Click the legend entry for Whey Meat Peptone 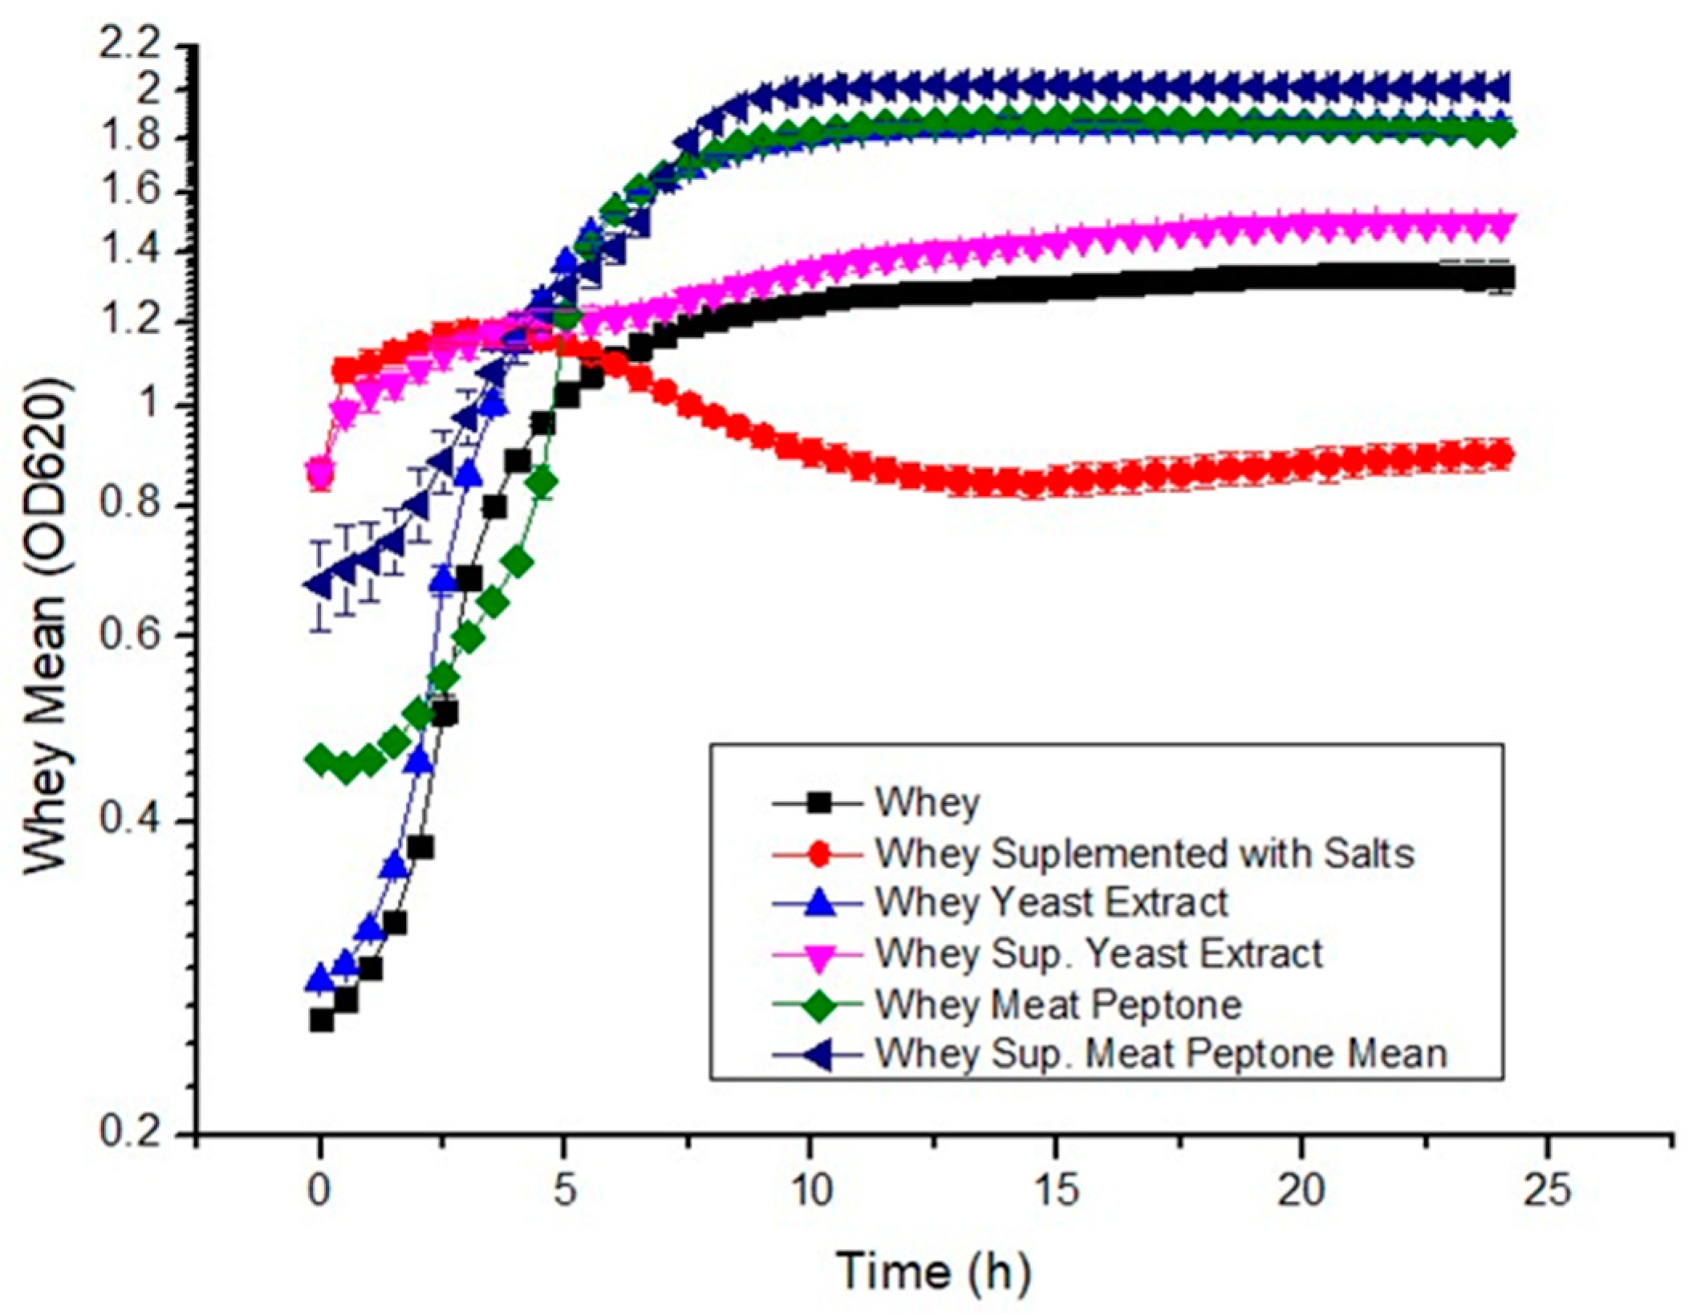pos(1058,1004)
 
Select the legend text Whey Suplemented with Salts pos(1143,853)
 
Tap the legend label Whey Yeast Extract pos(1051,902)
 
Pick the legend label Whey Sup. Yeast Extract pos(1098,954)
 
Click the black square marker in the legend pos(819,802)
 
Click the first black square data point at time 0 pos(322,1020)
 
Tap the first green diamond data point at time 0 pos(322,758)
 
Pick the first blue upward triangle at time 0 pos(322,978)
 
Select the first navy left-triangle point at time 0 pos(320,585)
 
